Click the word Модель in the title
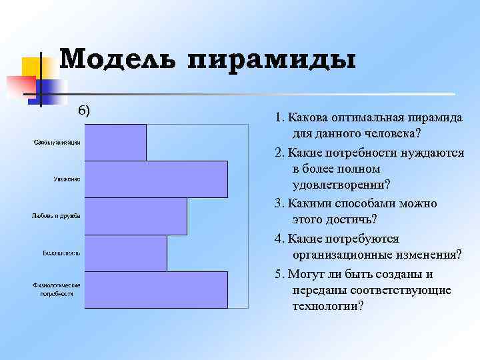coord(117,59)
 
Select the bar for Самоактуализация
coord(116,142)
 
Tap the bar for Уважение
coord(157,179)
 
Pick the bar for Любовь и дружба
coord(136,216)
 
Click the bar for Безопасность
coord(126,253)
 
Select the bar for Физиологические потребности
coord(157,289)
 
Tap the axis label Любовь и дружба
coord(56,216)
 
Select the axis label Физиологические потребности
coord(57,289)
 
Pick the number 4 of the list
coord(277,238)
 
